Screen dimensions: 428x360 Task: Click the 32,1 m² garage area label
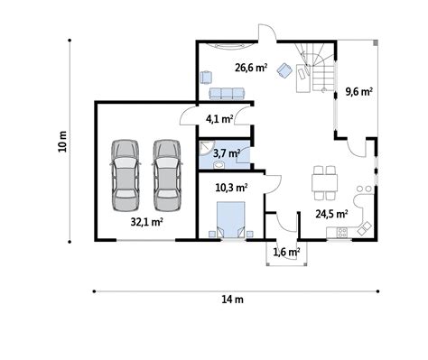pyautogui.click(x=147, y=222)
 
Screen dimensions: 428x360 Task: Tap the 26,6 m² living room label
pyautogui.click(x=251, y=68)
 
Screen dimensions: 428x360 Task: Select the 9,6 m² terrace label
pyautogui.click(x=359, y=91)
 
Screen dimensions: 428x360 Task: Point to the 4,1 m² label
pyautogui.click(x=219, y=119)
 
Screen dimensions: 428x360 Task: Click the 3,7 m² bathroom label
pyautogui.click(x=227, y=153)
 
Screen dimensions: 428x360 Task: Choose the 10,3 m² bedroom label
pyautogui.click(x=231, y=188)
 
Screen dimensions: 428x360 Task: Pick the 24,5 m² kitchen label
pyautogui.click(x=331, y=214)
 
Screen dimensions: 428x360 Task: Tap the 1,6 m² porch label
pyautogui.click(x=286, y=252)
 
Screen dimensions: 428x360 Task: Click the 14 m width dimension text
pyautogui.click(x=233, y=300)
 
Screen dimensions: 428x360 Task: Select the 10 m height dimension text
pyautogui.click(x=62, y=142)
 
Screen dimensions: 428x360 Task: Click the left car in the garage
pyautogui.click(x=126, y=175)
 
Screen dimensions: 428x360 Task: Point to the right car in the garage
pyautogui.click(x=167, y=175)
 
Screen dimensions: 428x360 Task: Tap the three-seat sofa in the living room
pyautogui.click(x=227, y=94)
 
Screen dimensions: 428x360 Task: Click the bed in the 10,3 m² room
pyautogui.click(x=231, y=220)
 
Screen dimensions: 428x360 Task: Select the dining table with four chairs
pyautogui.click(x=324, y=183)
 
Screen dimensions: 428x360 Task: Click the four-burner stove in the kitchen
pyautogui.click(x=342, y=233)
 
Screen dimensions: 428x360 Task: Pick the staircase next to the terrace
pyautogui.click(x=319, y=67)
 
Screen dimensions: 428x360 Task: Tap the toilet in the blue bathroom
pyautogui.click(x=219, y=164)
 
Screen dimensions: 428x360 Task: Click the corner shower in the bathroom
pyautogui.click(x=207, y=147)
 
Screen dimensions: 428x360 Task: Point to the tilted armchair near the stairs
pyautogui.click(x=284, y=70)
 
